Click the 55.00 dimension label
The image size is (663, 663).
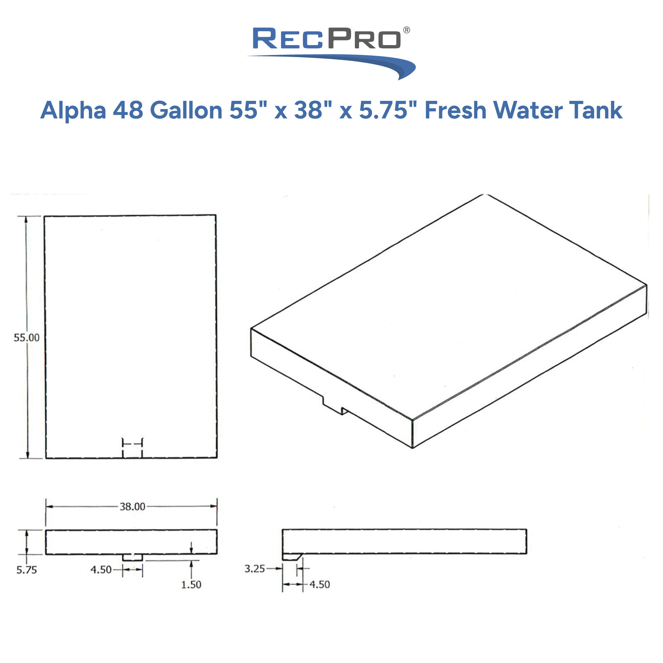tap(27, 338)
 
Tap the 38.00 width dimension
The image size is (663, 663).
tap(132, 507)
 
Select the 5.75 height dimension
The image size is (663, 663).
tap(27, 570)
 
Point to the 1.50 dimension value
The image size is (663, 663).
tap(191, 584)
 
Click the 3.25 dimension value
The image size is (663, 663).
tap(254, 569)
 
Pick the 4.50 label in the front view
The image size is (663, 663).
tap(101, 570)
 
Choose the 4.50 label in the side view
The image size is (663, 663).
tap(320, 584)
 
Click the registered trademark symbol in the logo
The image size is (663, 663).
tap(406, 30)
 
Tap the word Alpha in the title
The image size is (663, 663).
tap(73, 110)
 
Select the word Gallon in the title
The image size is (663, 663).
tap(186, 110)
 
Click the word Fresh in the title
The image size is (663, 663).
tap(455, 110)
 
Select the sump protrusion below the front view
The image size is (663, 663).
tap(133, 557)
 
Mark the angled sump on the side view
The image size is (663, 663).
tap(291, 557)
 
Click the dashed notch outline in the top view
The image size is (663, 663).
tap(133, 448)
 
